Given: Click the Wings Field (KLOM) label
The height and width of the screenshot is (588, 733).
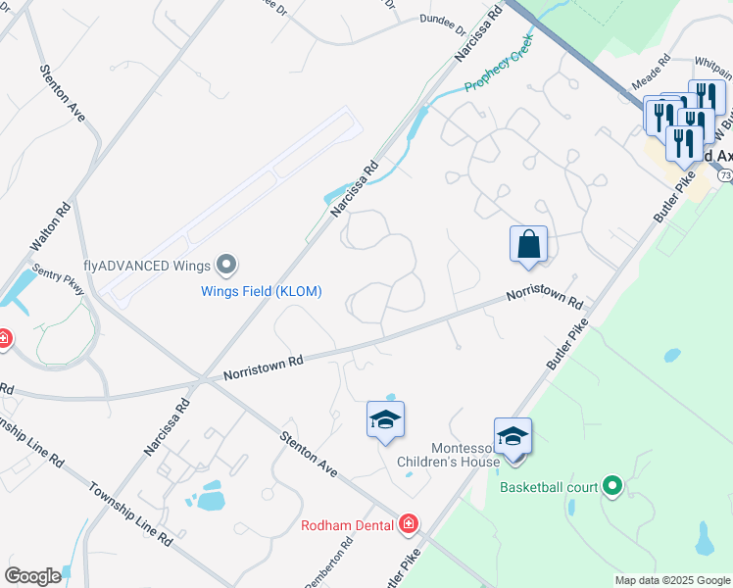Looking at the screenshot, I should [x=262, y=291].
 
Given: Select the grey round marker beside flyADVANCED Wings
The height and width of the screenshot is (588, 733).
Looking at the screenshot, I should [x=227, y=265].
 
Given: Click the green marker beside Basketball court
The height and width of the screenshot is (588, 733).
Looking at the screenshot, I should [x=612, y=485].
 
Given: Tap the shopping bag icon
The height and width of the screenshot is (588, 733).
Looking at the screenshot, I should [x=528, y=244].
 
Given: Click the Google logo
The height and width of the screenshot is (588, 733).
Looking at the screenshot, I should [x=32, y=576].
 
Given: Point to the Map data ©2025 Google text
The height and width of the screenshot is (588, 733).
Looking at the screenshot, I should [x=672, y=580].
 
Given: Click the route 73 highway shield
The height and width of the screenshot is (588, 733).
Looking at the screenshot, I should [x=724, y=174].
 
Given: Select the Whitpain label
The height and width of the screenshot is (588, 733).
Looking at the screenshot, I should [x=712, y=61].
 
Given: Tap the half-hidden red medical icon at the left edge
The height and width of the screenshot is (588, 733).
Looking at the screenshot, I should [x=3, y=339].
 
